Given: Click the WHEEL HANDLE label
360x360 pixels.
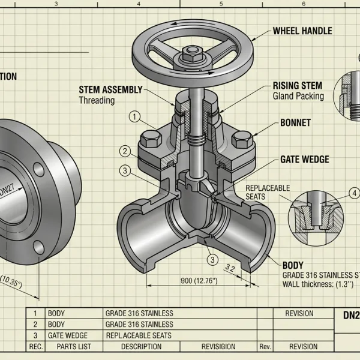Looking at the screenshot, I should [x=302, y=31].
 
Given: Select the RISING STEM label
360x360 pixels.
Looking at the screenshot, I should [x=297, y=86].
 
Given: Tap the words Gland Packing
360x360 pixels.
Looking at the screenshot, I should [x=298, y=96].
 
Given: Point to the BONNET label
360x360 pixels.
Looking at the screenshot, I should [x=295, y=122].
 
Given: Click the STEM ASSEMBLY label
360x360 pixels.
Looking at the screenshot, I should [x=110, y=90].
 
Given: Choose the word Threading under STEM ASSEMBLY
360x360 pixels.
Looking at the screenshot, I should [x=97, y=100].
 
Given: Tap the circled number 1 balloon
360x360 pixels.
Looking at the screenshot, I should [x=136, y=116].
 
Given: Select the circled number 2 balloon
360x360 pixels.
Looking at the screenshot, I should [x=125, y=151].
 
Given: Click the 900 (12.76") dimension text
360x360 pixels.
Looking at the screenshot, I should [x=199, y=280].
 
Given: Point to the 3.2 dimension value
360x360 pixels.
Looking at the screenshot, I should [x=229, y=268].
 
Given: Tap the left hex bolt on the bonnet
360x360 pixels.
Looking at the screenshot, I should [x=149, y=142].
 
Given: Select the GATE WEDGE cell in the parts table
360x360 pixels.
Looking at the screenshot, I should [x=67, y=335].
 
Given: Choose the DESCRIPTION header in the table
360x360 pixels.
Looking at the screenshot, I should [x=141, y=346].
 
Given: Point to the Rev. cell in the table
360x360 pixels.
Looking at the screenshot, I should [x=265, y=346].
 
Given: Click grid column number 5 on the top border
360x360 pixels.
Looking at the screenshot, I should [x=221, y=4].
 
